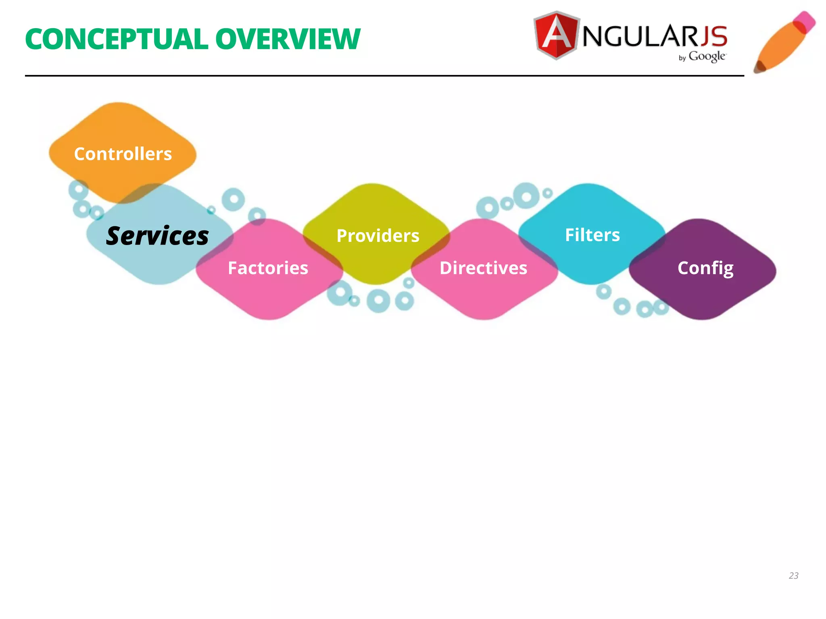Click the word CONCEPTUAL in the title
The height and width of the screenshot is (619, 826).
click(x=116, y=39)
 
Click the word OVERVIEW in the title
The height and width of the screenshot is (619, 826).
click(x=288, y=39)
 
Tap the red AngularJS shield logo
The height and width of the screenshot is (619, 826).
click(x=556, y=35)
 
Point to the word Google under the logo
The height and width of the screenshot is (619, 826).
click(x=707, y=56)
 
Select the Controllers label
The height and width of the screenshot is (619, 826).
click(x=123, y=154)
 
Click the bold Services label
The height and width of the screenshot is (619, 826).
click(x=157, y=236)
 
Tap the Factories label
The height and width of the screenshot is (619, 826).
click(x=268, y=268)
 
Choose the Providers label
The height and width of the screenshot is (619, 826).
click(x=378, y=236)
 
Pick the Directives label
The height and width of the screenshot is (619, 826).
click(x=483, y=268)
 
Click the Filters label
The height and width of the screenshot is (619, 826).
click(x=592, y=235)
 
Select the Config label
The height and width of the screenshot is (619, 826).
click(x=705, y=268)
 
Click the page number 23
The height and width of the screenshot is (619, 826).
click(x=793, y=575)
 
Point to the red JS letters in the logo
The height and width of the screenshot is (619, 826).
click(x=713, y=36)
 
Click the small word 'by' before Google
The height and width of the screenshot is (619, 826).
click(x=682, y=58)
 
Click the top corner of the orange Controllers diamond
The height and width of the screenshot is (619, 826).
click(x=119, y=103)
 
